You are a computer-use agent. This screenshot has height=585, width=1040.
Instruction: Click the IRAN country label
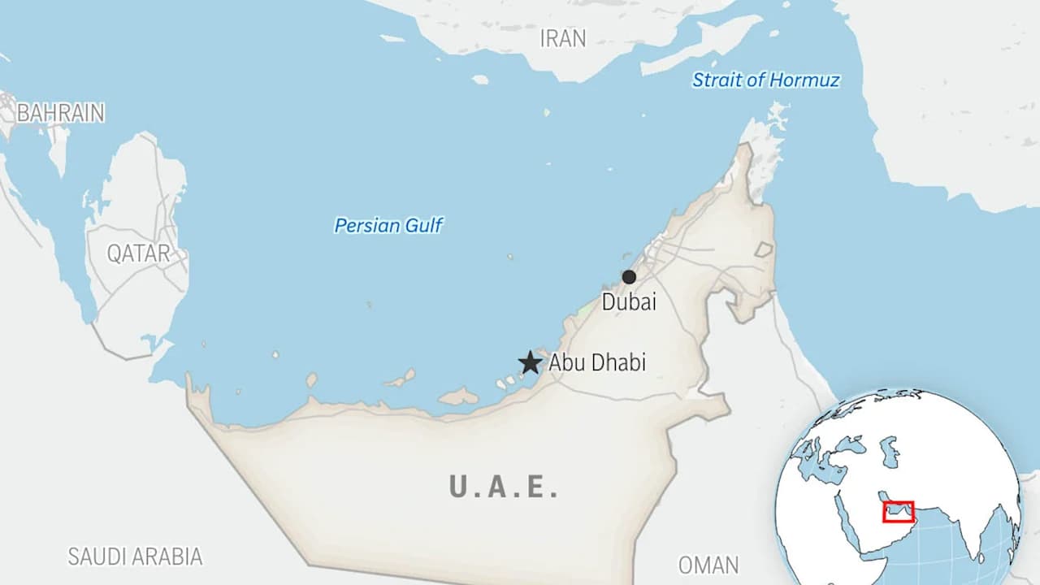pyautogui.click(x=563, y=38)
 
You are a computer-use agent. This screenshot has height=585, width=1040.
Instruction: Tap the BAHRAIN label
pyautogui.click(x=60, y=113)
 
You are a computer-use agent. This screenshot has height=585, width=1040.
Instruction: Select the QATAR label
pyautogui.click(x=139, y=253)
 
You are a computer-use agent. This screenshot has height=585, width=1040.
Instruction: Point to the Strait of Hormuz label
pyautogui.click(x=765, y=80)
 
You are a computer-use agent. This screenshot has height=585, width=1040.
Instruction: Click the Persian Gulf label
pyautogui.click(x=388, y=225)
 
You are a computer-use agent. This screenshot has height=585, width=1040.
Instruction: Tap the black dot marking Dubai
pyautogui.click(x=629, y=277)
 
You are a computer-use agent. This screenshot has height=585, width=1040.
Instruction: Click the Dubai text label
pyautogui.click(x=629, y=302)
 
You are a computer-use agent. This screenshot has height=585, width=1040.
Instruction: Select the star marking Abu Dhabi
pyautogui.click(x=531, y=362)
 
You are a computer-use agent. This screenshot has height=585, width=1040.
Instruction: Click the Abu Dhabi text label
pyautogui.click(x=597, y=362)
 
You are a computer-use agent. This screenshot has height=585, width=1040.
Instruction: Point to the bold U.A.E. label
pyautogui.click(x=504, y=487)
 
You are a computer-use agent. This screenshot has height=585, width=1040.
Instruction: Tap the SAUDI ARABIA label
pyautogui.click(x=135, y=557)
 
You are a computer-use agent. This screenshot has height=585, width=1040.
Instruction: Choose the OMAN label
pyautogui.click(x=708, y=565)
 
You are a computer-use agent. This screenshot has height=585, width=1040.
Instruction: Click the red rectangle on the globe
pyautogui.click(x=898, y=512)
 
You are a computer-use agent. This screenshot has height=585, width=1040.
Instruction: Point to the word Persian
pyautogui.click(x=366, y=225)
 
